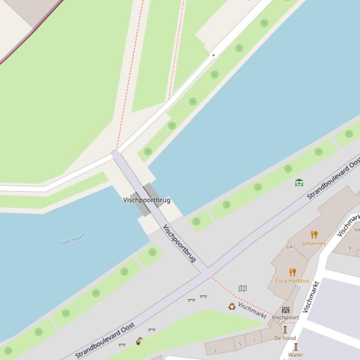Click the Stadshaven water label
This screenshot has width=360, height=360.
[x=72, y=240]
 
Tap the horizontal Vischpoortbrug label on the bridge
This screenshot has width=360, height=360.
[x=147, y=200]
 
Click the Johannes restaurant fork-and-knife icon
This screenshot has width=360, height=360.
[x=314, y=235]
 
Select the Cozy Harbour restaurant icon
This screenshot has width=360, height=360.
[x=293, y=272]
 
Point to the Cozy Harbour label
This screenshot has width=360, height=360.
[x=292, y=281]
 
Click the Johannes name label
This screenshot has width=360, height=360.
[x=314, y=243]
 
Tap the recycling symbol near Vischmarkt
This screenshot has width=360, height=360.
[x=232, y=307]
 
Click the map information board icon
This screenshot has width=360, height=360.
[x=242, y=288]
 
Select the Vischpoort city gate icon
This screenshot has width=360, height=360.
[x=286, y=310]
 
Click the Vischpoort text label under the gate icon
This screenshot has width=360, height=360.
[x=285, y=317]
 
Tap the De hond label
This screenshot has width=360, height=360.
[x=285, y=338]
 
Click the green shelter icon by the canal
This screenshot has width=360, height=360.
[x=299, y=182]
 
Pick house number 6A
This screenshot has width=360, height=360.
[x=289, y=247]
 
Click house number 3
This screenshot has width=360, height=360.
[x=214, y=351]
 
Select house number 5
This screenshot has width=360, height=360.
[x=240, y=344]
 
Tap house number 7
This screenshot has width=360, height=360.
[x=254, y=341]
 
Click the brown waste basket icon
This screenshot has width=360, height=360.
[x=139, y=341]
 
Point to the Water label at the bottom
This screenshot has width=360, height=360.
[x=296, y=355]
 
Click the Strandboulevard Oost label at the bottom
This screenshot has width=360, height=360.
[x=105, y=340]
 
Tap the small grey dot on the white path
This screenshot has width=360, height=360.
[x=213, y=55]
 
